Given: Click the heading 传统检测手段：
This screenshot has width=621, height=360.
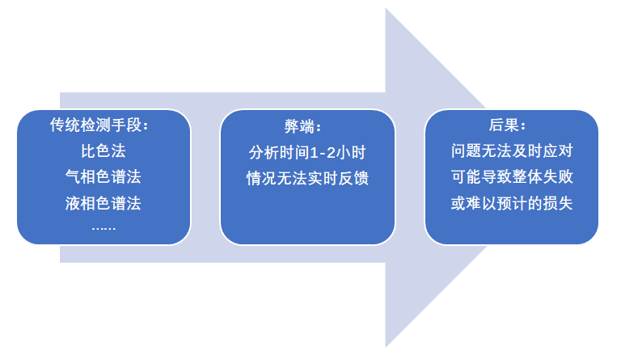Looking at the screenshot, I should click(103, 126).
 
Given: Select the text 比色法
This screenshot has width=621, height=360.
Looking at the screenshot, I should click(103, 151).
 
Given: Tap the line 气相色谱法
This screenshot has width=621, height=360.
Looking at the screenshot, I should click(103, 177).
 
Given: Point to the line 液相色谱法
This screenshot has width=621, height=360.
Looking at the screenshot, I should click(103, 203).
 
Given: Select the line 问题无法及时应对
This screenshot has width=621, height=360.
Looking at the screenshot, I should click(511, 152).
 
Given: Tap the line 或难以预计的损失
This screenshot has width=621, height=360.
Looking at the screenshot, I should click(511, 203).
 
